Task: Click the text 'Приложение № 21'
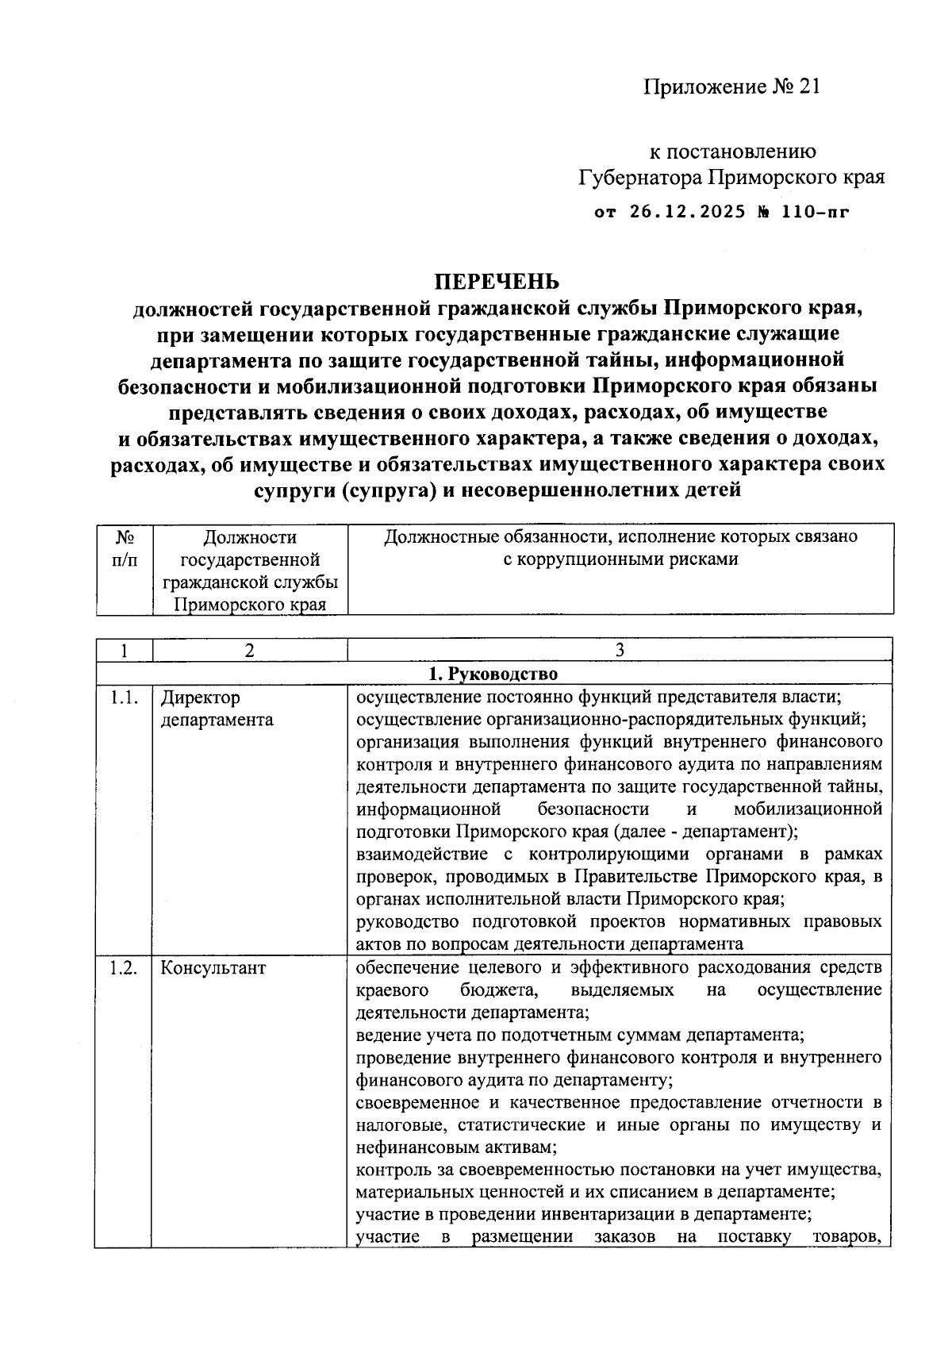pos(731,86)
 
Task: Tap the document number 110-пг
pos(808,212)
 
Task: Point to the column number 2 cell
pos(249,651)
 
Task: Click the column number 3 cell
pos(620,651)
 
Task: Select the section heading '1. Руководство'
pos(493,674)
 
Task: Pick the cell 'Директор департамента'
pos(217,709)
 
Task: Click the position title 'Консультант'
pos(213,968)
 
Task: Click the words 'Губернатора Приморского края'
pos(731,176)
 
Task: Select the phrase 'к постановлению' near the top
pos(732,151)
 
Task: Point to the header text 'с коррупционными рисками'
pos(620,559)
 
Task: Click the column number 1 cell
pos(124,651)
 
